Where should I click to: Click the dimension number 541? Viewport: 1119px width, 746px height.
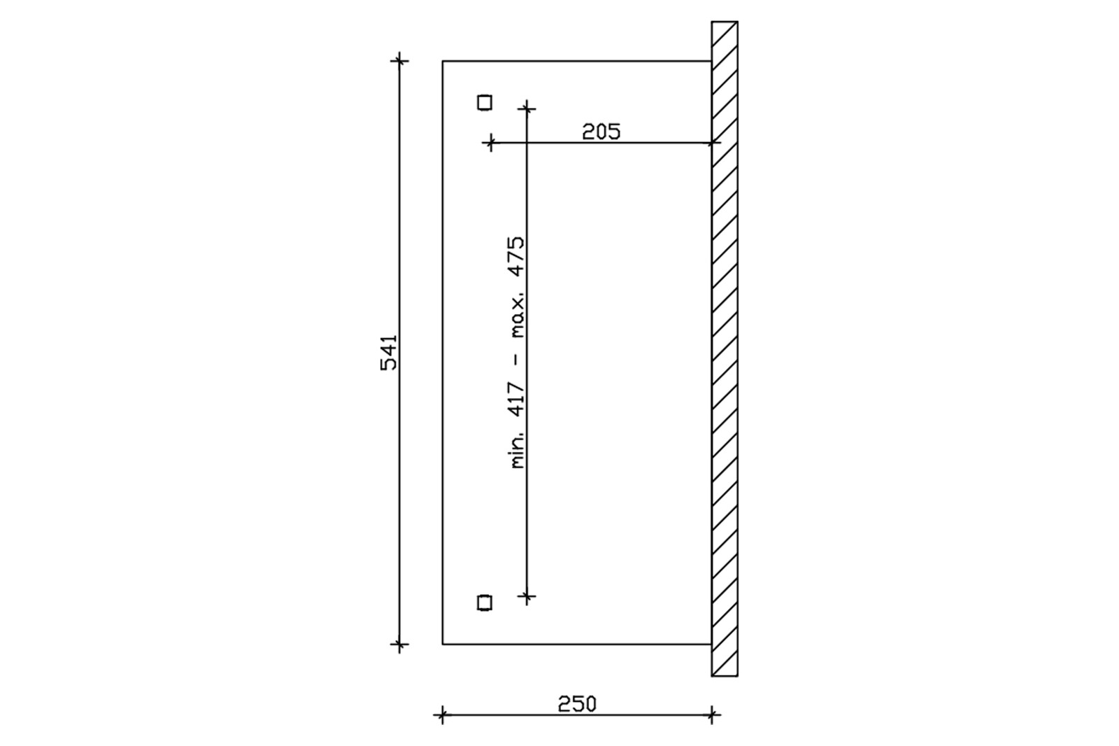click(389, 353)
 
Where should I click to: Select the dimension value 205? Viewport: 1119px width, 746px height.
click(601, 132)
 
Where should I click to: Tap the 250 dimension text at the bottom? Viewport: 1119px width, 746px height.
click(577, 704)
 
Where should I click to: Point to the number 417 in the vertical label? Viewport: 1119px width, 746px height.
click(517, 400)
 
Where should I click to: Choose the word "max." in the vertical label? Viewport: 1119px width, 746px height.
click(518, 316)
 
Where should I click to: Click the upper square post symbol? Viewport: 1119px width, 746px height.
click(485, 102)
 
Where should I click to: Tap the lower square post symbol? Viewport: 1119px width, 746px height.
click(485, 603)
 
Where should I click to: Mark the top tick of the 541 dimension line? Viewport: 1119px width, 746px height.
click(399, 61)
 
